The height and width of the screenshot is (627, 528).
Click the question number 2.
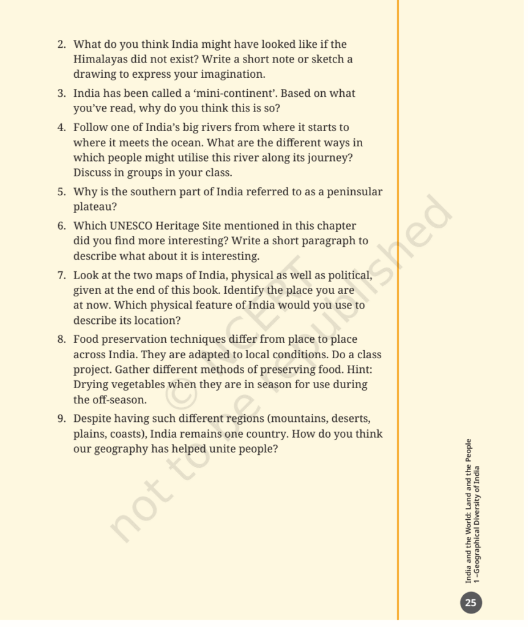[61, 45]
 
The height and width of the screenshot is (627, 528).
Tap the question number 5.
[61, 192]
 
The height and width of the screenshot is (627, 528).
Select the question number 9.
[61, 419]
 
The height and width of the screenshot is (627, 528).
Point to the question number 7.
[61, 275]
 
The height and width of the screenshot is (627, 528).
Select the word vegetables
[136, 385]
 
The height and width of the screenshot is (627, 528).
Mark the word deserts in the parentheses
[348, 419]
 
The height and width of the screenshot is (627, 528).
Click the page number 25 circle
[470, 603]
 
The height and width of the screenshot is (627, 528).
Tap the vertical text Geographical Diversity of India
[477, 525]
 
